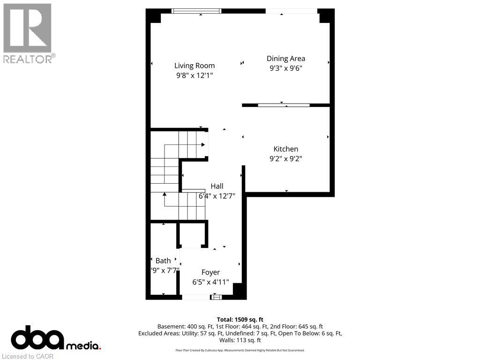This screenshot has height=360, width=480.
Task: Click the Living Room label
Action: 195,66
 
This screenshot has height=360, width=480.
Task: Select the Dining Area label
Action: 286,59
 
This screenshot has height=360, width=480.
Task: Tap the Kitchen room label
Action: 286,149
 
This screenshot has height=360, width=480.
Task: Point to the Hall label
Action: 217,186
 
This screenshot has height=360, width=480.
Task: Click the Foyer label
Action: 210,272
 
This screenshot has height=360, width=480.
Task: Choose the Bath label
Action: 163,261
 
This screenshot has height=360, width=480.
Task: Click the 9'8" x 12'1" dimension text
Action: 195,75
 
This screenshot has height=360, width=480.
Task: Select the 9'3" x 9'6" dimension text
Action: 286,68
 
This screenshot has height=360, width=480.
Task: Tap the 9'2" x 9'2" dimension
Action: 286,158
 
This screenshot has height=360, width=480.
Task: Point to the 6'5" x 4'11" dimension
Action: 210,282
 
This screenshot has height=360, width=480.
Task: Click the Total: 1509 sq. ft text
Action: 240,319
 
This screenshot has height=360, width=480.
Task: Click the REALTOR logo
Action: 28,33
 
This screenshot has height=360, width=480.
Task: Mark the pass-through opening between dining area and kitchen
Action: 284,105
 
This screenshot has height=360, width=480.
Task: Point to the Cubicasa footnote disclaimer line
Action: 240,350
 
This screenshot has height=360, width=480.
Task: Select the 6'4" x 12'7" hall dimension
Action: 217,196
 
